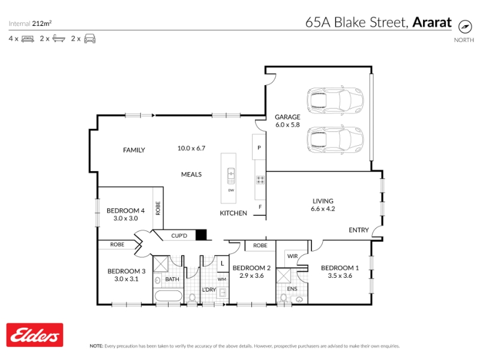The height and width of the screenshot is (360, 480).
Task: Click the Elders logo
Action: click(35, 335)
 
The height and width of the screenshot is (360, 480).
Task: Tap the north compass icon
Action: click(465, 26)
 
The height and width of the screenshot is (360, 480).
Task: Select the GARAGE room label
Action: click(287, 117)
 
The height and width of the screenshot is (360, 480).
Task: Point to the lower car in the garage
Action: click(335, 140)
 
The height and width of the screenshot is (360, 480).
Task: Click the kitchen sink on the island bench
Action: click(231, 176)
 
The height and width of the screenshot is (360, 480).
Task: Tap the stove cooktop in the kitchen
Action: click(260, 179)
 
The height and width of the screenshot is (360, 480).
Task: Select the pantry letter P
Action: click(259, 148)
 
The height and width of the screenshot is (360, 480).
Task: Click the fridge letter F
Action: click(260, 207)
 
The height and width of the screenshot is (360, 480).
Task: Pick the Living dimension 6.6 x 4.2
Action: click(323, 209)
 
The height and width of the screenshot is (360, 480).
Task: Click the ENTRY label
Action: click(359, 230)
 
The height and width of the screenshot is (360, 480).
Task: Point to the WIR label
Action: click(292, 256)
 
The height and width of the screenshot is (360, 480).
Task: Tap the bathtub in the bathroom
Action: click(169, 296)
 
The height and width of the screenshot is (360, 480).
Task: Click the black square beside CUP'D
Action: click(201, 235)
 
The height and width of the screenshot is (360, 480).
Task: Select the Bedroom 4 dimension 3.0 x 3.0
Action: click(125, 218)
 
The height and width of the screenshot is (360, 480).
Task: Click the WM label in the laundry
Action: click(222, 279)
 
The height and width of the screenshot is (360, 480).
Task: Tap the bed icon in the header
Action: click(28, 39)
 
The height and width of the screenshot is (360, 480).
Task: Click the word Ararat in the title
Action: click(432, 22)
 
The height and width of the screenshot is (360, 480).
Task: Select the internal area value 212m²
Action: click(42, 23)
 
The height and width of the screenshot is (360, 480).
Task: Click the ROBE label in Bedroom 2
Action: click(260, 245)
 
